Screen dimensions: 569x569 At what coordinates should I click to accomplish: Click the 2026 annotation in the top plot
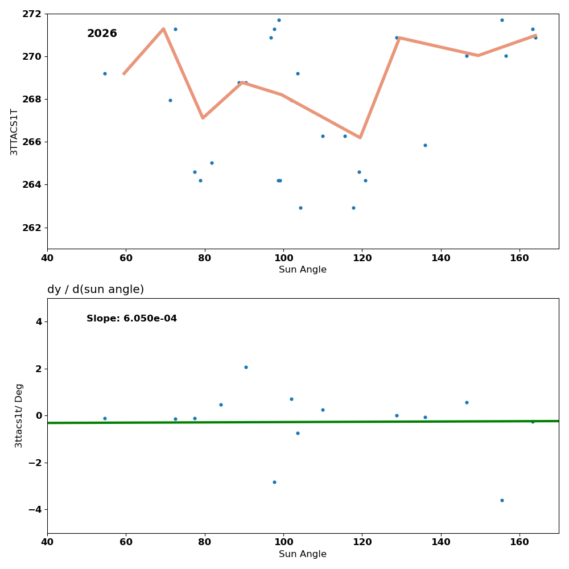click(102, 34)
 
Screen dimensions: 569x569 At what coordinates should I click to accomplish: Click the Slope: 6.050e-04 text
click(131, 319)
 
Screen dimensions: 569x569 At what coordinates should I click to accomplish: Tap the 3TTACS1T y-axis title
click(14, 131)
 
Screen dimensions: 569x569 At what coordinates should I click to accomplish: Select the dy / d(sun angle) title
click(96, 290)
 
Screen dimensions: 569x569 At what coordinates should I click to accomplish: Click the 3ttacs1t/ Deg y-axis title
click(19, 415)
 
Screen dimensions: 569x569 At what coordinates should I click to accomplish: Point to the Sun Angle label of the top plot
click(303, 270)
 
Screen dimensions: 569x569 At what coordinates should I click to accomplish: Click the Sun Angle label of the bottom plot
click(303, 554)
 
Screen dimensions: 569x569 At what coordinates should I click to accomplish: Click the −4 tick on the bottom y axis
click(35, 509)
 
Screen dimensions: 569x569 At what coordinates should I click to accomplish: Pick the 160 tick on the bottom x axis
click(519, 542)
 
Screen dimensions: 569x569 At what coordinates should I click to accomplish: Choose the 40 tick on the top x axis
click(47, 258)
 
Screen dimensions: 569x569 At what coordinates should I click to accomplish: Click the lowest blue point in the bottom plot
click(502, 500)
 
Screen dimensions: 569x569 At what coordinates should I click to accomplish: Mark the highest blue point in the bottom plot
click(246, 367)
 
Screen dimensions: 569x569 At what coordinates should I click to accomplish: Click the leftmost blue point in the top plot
click(105, 73)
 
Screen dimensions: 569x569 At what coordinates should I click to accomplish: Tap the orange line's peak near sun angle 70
click(163, 28)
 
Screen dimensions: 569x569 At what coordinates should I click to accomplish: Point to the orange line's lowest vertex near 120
click(360, 138)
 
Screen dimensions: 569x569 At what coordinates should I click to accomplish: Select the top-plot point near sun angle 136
click(425, 145)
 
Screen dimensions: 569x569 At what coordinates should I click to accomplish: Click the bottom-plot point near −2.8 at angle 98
click(274, 482)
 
